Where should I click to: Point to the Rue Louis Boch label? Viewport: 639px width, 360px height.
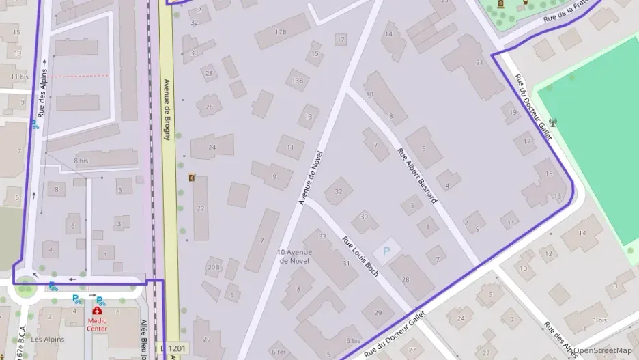tap(360, 252)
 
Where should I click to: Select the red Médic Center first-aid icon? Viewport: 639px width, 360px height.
tap(97, 311)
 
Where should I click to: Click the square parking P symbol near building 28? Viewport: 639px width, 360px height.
tap(386, 251)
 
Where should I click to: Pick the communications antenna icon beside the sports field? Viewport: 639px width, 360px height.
tap(552, 123)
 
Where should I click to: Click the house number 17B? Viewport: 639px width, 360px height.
tap(281, 32)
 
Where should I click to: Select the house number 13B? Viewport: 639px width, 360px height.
tap(297, 81)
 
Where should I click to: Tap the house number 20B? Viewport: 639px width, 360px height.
tap(214, 267)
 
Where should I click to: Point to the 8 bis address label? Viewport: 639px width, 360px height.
tap(81, 161)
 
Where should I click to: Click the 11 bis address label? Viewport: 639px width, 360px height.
tap(19, 77)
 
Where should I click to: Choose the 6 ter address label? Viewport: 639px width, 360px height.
tap(279, 352)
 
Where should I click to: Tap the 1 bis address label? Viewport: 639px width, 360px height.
tap(600, 320)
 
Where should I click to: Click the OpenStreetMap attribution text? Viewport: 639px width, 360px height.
tap(603, 350)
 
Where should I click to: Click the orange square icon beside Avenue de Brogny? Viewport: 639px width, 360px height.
tap(191, 178)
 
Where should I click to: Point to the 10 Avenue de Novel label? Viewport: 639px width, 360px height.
tap(294, 257)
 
